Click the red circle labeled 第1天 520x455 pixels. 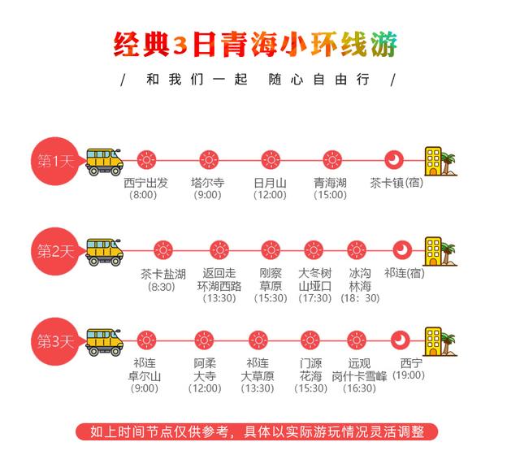coord(55,161)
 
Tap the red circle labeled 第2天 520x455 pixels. coord(55,251)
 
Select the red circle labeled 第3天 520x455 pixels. coord(55,341)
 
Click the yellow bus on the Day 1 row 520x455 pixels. coord(104,162)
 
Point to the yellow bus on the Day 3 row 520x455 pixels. coord(104,343)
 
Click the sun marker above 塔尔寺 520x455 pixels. coord(209,160)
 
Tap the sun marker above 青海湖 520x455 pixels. coord(332,160)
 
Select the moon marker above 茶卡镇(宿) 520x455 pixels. coord(394,160)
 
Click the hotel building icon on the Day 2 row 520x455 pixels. coord(440,251)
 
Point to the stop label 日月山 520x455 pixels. coord(271,183)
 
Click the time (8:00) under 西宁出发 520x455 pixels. coord(143,195)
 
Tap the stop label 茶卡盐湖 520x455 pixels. coord(162,274)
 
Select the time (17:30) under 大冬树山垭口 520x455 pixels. coord(315,298)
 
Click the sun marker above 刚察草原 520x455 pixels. coord(271,250)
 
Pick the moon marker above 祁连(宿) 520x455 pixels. coord(402,250)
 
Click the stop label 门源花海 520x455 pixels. coord(310,370)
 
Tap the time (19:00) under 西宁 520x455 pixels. coord(409,375)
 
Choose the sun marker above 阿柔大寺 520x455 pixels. coord(204,340)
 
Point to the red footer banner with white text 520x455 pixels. coord(257,431)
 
